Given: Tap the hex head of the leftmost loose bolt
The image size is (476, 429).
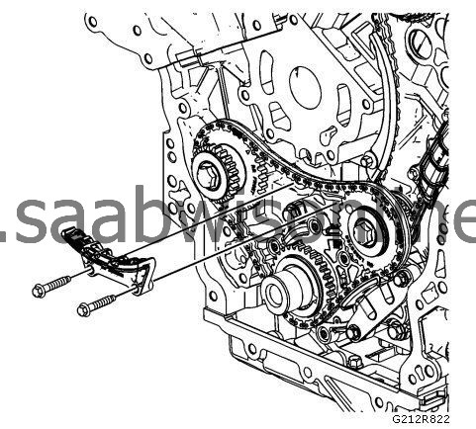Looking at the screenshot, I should pos(39,291).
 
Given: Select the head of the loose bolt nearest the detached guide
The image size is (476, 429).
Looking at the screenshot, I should pos(83,309).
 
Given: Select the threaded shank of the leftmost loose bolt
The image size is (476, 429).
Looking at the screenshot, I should pos(59,286).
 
